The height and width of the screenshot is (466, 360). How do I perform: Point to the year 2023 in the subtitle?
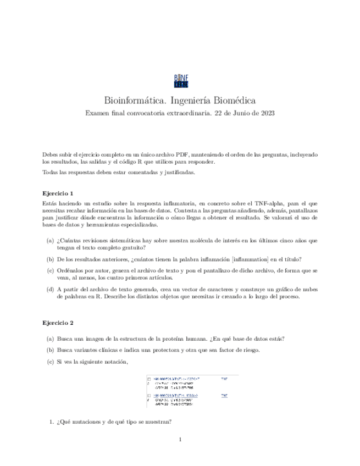(x=267, y=113)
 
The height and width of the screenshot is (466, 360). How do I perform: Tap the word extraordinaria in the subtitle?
(x=183, y=113)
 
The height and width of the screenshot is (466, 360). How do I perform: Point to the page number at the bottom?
(x=180, y=440)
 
